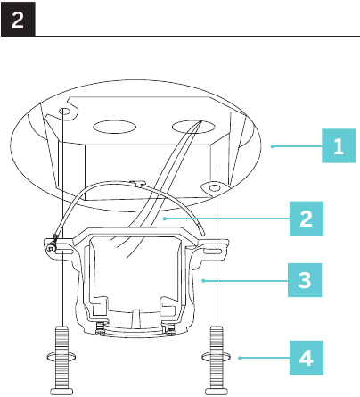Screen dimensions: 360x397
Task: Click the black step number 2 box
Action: click(18, 20)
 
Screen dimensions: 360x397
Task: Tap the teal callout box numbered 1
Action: click(339, 145)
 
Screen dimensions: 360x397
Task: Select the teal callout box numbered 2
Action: click(307, 219)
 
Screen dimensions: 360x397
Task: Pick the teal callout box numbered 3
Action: click(305, 280)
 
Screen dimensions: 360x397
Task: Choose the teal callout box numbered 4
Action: click(307, 358)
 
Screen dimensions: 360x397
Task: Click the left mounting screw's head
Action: click(62, 392)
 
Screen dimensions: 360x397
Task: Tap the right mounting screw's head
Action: click(217, 392)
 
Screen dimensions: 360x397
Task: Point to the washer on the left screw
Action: click(61, 356)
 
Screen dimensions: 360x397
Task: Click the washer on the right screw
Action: click(216, 356)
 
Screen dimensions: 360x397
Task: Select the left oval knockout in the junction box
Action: click(114, 127)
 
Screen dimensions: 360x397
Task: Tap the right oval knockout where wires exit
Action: click(193, 127)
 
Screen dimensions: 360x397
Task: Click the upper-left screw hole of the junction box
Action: click(64, 112)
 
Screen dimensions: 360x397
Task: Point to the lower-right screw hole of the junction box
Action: click(215, 188)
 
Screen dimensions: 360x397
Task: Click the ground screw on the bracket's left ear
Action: click(52, 247)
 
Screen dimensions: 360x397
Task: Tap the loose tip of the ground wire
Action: click(201, 231)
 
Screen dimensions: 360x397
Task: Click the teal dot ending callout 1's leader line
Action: click(272, 146)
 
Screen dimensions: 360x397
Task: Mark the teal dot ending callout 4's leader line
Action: click(240, 358)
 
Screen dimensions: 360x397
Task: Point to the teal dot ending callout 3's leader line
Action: click(203, 280)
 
